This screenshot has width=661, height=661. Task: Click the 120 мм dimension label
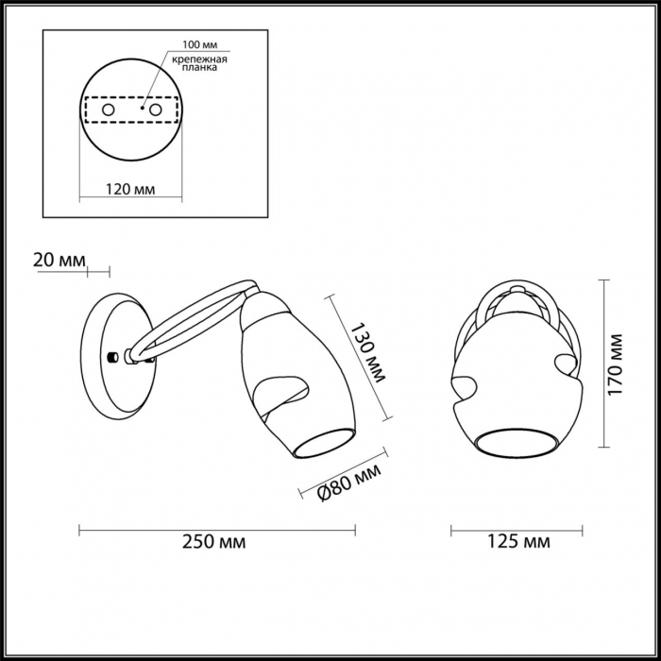pyautogui.click(x=130, y=190)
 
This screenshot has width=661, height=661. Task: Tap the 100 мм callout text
pyautogui.click(x=200, y=45)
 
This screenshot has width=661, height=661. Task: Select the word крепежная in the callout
pyautogui.click(x=199, y=59)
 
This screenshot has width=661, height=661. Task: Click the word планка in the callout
pyautogui.click(x=199, y=67)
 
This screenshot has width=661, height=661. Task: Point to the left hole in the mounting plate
pyautogui.click(x=109, y=110)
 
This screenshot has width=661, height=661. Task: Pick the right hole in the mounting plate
pyautogui.click(x=156, y=110)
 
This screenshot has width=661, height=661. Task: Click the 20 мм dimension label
pyautogui.click(x=59, y=260)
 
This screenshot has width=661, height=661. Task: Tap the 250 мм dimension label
pyautogui.click(x=213, y=542)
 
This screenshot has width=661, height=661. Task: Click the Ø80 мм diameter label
pyautogui.click(x=349, y=483)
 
